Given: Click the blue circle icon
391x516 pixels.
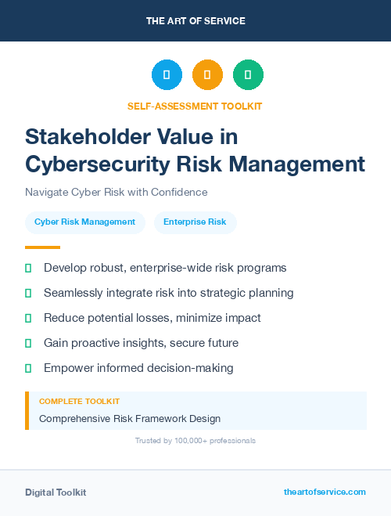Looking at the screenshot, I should pyautogui.click(x=167, y=75).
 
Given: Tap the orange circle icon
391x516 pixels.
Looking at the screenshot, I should pyautogui.click(x=207, y=75).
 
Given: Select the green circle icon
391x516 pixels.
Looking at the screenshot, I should pyautogui.click(x=248, y=75).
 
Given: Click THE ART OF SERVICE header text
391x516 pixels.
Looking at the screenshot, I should pyautogui.click(x=195, y=20).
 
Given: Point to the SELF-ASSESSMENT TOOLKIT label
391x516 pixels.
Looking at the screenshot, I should pyautogui.click(x=195, y=106).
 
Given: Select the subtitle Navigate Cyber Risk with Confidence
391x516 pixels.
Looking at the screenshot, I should pyautogui.click(x=117, y=192).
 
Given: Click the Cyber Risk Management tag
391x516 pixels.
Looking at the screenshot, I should pyautogui.click(x=84, y=222).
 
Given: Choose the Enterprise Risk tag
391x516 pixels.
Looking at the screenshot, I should pyautogui.click(x=195, y=222).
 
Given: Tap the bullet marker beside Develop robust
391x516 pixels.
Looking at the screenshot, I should pyautogui.click(x=28, y=268).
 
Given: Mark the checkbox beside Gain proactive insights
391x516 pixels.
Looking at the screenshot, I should pyautogui.click(x=28, y=343).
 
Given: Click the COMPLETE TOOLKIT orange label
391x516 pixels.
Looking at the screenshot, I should pyautogui.click(x=79, y=401).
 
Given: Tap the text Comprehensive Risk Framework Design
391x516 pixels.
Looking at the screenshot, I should pyautogui.click(x=130, y=418).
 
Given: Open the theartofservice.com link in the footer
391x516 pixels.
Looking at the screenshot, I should pyautogui.click(x=325, y=492).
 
